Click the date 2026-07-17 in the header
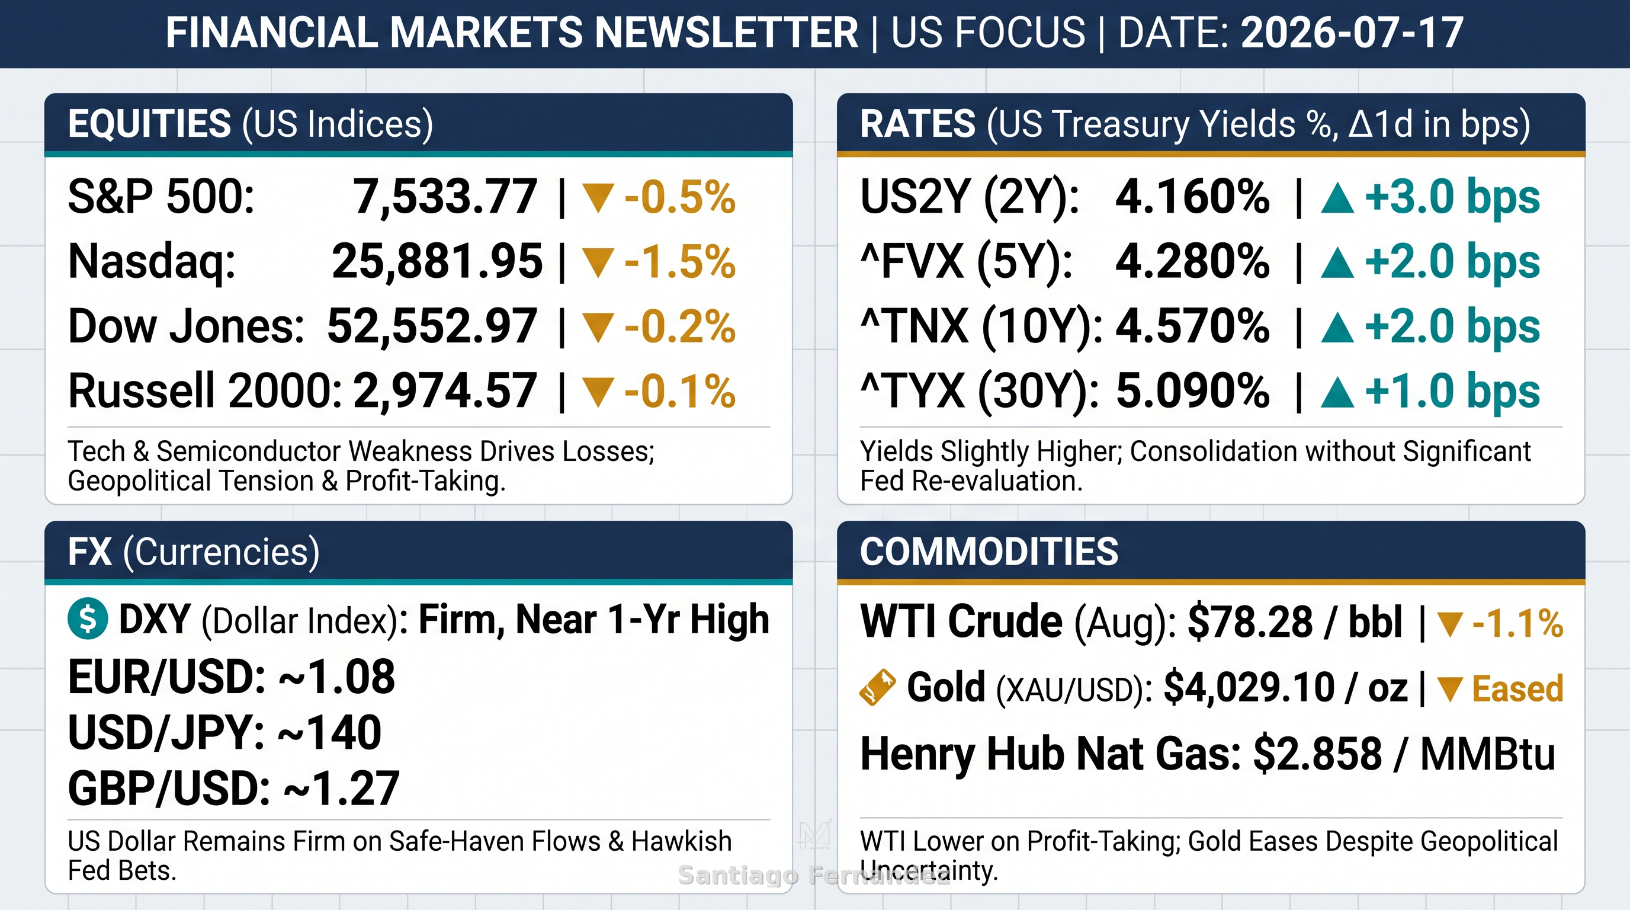[1352, 33]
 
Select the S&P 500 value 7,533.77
[445, 197]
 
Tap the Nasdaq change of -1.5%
[679, 261]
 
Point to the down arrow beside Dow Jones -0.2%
[598, 327]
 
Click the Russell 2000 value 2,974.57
[445, 391]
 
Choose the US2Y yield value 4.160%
[1192, 197]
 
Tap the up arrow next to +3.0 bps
[1337, 198]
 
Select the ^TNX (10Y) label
[981, 327]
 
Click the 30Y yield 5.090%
[1192, 391]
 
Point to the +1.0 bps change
[1452, 391]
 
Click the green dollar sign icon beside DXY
[88, 619]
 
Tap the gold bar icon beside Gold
[878, 687]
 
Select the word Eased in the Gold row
[1517, 688]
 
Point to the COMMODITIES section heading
[989, 551]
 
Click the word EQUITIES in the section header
[149, 123]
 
